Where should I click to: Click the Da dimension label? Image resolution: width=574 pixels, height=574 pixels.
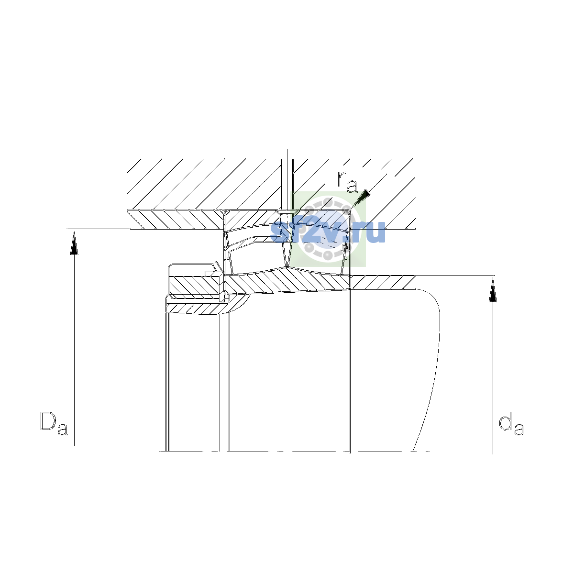(54, 423)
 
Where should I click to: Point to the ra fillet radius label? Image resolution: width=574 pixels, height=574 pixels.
(347, 182)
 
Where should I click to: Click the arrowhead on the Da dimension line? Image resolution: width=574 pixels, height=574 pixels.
(74, 243)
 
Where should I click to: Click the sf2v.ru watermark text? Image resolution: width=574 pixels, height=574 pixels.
(328, 232)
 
